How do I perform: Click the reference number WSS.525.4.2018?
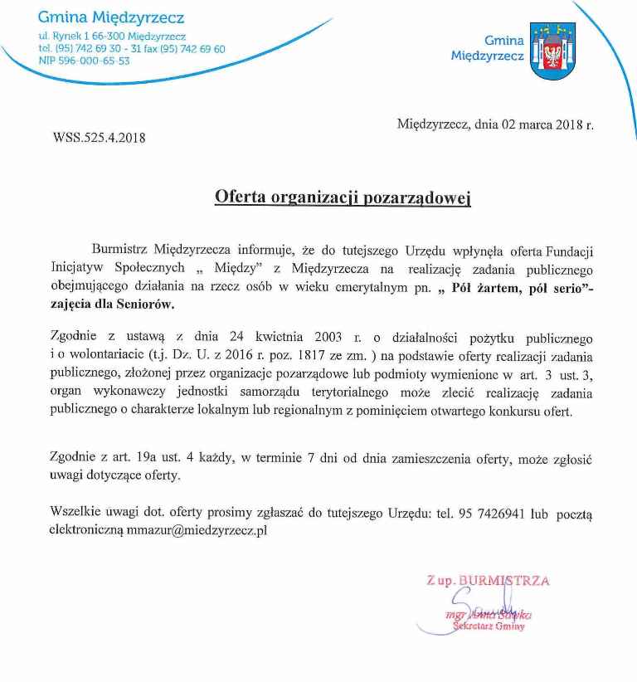pos(99,138)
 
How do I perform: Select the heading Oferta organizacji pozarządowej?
pos(343,197)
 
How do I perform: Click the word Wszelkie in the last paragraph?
pos(75,514)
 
